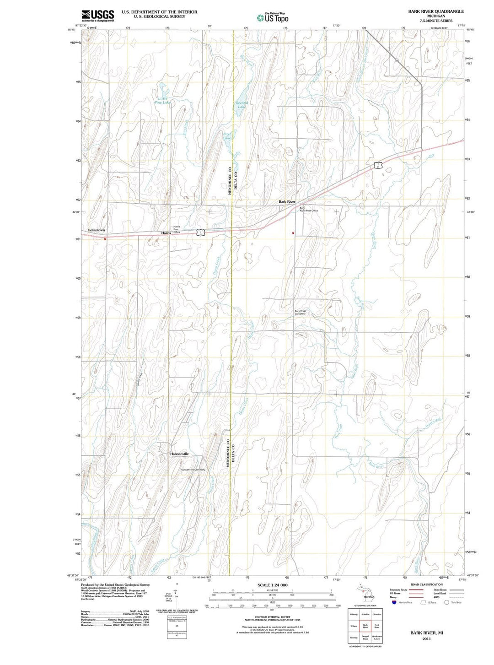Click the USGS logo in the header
click(x=97, y=16)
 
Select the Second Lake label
click(x=242, y=104)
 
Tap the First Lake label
click(x=227, y=136)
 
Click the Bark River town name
click(x=287, y=201)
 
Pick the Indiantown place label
click(x=96, y=230)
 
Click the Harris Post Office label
click(x=177, y=229)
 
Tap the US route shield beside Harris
click(x=200, y=232)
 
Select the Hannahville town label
click(x=179, y=454)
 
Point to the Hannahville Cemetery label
click(x=193, y=470)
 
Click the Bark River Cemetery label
click(x=300, y=312)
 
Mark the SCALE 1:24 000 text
click(x=272, y=585)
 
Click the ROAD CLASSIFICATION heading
click(x=426, y=584)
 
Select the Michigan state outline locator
click(x=366, y=593)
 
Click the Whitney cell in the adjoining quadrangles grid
click(x=353, y=615)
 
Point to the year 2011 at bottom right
click(x=426, y=638)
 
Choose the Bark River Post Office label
click(x=308, y=210)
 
